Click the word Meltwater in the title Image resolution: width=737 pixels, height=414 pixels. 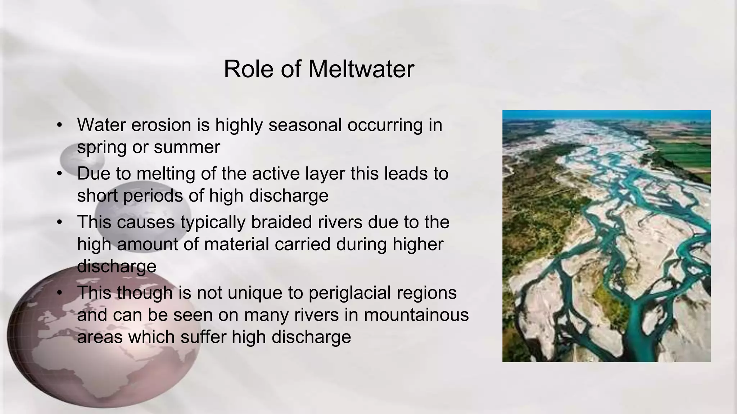pyautogui.click(x=361, y=69)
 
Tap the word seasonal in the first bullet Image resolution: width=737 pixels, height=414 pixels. pyautogui.click(x=305, y=125)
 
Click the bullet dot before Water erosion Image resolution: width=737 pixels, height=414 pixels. pyautogui.click(x=60, y=125)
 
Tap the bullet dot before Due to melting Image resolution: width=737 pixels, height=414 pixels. pyautogui.click(x=60, y=174)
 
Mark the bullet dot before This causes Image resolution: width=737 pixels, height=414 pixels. pyautogui.click(x=60, y=222)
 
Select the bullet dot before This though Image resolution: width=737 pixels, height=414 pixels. pyautogui.click(x=60, y=293)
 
